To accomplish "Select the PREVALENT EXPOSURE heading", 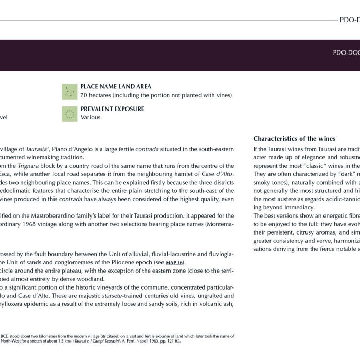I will tap(112, 109).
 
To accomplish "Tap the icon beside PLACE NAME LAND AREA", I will tap(68, 92).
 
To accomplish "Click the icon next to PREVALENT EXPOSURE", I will tap(68, 114).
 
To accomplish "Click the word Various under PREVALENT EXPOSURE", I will tap(91, 117).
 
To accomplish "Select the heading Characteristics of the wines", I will tap(294, 139).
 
